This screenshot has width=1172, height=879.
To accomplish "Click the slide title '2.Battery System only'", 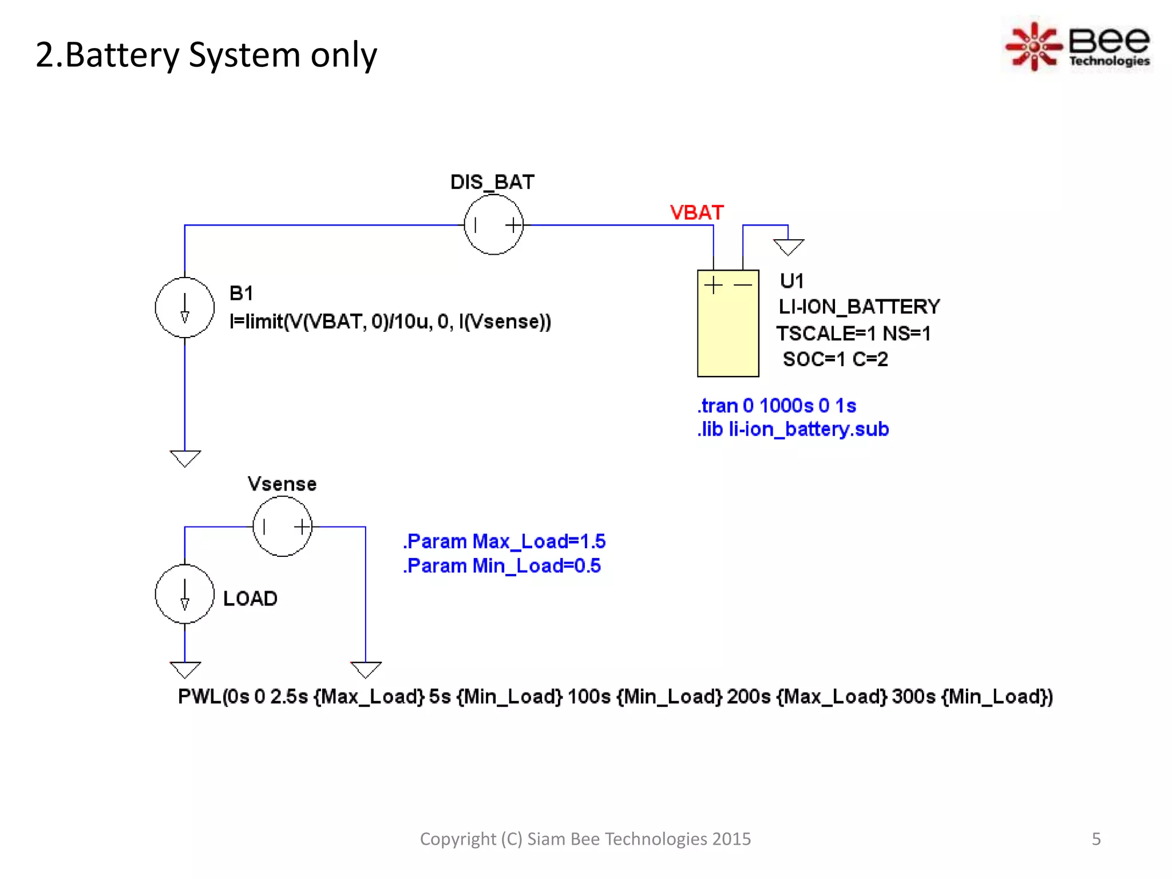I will click(206, 56).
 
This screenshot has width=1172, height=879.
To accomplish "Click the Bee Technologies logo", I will click(1078, 46).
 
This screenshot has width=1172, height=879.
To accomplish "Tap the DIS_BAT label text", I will click(492, 182).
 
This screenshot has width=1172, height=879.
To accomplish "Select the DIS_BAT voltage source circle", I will click(493, 225).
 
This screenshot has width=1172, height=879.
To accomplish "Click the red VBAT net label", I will click(696, 213).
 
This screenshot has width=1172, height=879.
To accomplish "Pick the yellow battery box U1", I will click(728, 332).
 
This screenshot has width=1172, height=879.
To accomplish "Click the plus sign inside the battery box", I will click(713, 285).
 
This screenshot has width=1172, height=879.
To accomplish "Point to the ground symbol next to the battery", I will click(788, 247).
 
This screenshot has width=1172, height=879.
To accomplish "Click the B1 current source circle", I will click(184, 308).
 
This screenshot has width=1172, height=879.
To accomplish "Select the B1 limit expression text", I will click(390, 322).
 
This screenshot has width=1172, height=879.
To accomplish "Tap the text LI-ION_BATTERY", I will click(858, 307).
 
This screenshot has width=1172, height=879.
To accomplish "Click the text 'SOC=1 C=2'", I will click(835, 359).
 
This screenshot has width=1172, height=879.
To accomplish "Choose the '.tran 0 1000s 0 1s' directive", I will click(777, 406).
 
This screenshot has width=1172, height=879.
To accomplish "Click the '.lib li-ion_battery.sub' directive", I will click(793, 429).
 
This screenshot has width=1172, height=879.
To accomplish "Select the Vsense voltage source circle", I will click(282, 526).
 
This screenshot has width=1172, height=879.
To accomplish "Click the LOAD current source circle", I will click(184, 595).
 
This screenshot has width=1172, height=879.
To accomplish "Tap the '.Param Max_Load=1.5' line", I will click(504, 541).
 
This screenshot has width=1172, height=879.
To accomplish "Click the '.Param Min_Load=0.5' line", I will click(501, 566).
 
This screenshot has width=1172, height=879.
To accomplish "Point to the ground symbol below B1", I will click(185, 458).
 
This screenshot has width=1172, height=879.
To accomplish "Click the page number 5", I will click(1096, 839).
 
